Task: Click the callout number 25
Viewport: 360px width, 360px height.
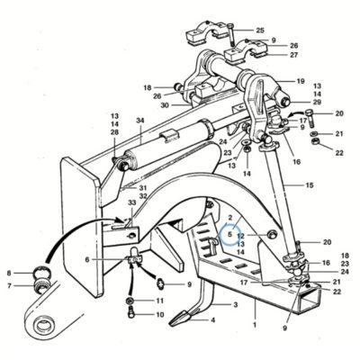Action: [x=260, y=31]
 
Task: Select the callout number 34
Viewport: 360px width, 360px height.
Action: [x=140, y=121]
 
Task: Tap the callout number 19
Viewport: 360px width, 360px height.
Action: [x=301, y=81]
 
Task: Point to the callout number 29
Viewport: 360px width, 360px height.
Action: [x=317, y=102]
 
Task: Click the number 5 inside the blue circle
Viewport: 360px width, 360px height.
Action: [x=229, y=234]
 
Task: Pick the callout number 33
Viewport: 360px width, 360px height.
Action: [x=132, y=202]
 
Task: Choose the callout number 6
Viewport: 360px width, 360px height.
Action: [x=87, y=259]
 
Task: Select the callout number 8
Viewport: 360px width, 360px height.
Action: [x=9, y=273]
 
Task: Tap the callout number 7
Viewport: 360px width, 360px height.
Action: [x=9, y=286]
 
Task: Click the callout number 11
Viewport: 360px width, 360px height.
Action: [x=160, y=301]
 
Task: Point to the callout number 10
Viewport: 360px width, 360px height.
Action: [x=160, y=315]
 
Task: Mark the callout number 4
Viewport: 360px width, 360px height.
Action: [x=212, y=320]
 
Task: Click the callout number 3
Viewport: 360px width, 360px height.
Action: [x=236, y=305]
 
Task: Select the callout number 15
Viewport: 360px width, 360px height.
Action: [x=310, y=185]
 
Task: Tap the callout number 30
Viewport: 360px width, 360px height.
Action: [x=165, y=105]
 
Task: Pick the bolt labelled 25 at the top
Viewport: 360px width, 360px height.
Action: [x=230, y=34]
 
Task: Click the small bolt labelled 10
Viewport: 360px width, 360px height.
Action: [x=131, y=313]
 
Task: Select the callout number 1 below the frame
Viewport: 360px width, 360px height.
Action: [x=255, y=325]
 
